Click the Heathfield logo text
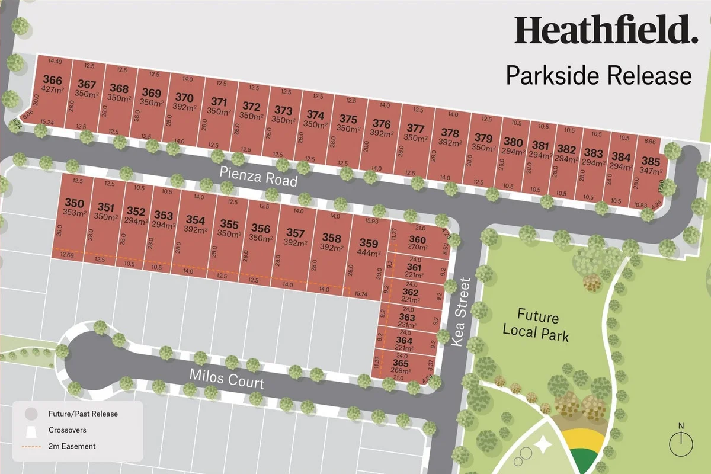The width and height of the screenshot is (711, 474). point(603,31)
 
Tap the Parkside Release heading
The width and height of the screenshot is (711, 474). point(598,76)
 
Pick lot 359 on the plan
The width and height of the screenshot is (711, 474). point(369,243)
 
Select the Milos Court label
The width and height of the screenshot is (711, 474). point(226,379)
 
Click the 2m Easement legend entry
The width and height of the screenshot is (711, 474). point(70,446)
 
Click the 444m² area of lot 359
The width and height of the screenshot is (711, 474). point(369,252)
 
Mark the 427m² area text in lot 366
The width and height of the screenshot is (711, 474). point(52,90)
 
